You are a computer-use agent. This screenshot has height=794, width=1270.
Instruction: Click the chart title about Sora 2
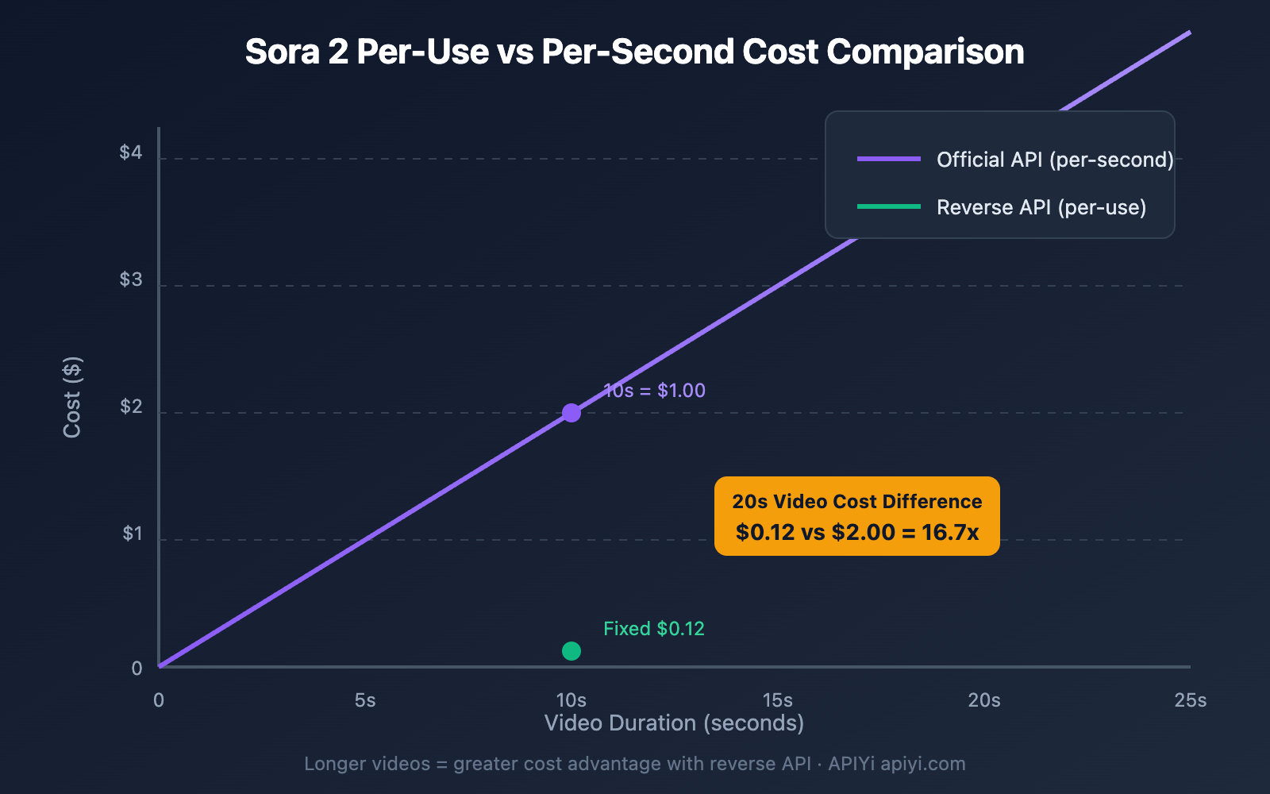pos(634,52)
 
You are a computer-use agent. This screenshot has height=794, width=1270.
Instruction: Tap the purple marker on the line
pos(571,413)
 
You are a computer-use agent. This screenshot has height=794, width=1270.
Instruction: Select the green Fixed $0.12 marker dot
pos(571,651)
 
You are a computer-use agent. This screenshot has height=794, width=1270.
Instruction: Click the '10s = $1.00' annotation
pos(654,391)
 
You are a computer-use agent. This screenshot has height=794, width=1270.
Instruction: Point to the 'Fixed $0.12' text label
pos(653,629)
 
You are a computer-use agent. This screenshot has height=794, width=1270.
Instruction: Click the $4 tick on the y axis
pos(131,152)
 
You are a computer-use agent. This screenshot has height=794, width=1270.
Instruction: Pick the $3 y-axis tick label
pos(131,279)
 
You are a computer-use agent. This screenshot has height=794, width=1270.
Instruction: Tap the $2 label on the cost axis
pos(131,407)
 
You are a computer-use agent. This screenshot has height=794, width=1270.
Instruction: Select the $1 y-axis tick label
pos(132,534)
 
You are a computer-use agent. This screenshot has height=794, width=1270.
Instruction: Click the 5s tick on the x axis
pos(365,700)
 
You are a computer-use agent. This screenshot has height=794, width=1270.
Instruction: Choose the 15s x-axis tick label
pos(778,700)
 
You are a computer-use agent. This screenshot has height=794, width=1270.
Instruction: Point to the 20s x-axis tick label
pos(984,700)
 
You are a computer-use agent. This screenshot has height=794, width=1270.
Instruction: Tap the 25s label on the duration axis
pos(1191,700)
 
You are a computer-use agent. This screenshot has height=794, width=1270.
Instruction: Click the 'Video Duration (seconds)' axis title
pos(674,723)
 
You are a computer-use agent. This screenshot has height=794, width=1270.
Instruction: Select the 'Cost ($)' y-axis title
pos(72,397)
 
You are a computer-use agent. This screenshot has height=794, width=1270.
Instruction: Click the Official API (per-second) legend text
pos(1054,160)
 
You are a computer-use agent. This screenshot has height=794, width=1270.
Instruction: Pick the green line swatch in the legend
pos(889,206)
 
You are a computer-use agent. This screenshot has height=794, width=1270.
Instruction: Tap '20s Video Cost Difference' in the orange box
pos(857,502)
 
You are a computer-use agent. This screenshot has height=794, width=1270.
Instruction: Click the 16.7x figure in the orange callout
pos(950,532)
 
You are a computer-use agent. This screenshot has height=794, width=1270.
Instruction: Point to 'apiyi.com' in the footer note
pos(923,764)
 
